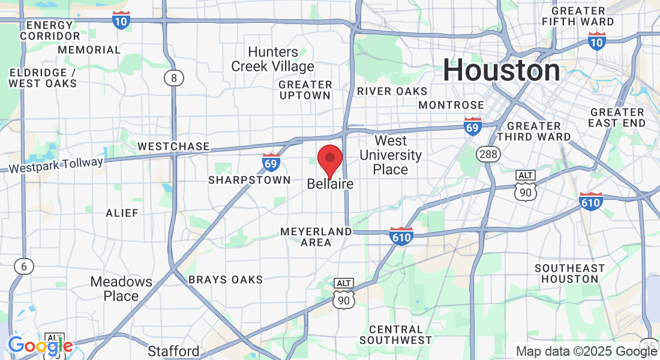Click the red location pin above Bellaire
(329, 159)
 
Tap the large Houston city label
(502, 70)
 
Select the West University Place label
(391, 155)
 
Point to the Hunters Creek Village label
(273, 59)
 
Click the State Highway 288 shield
(488, 154)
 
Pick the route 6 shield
(24, 266)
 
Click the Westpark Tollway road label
(56, 164)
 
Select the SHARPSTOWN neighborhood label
(249, 180)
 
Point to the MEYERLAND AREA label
(316, 236)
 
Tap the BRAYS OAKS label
(226, 280)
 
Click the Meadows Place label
(121, 289)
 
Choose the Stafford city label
(173, 351)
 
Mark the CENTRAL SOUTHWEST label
(395, 334)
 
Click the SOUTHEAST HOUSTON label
(569, 273)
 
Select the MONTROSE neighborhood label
(451, 105)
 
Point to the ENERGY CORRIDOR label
(50, 31)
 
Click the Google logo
(40, 346)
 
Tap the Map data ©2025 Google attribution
(586, 352)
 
